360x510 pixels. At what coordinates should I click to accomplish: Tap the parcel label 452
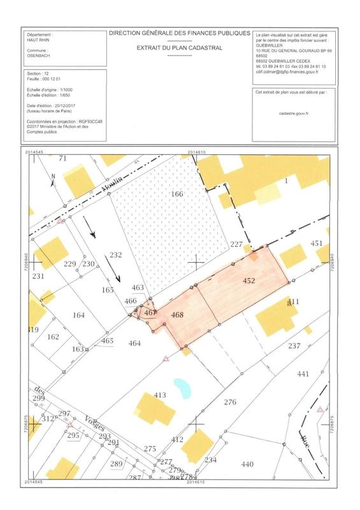click(x=249, y=280)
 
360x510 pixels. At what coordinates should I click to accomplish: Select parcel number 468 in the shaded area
click(x=178, y=314)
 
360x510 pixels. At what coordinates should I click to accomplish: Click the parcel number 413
click(x=160, y=396)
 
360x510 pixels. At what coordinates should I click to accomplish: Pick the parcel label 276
click(x=231, y=402)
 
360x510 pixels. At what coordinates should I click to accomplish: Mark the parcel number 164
click(x=79, y=315)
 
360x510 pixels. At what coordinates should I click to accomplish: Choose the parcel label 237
click(x=293, y=346)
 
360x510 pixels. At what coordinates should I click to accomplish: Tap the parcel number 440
click(x=247, y=466)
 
